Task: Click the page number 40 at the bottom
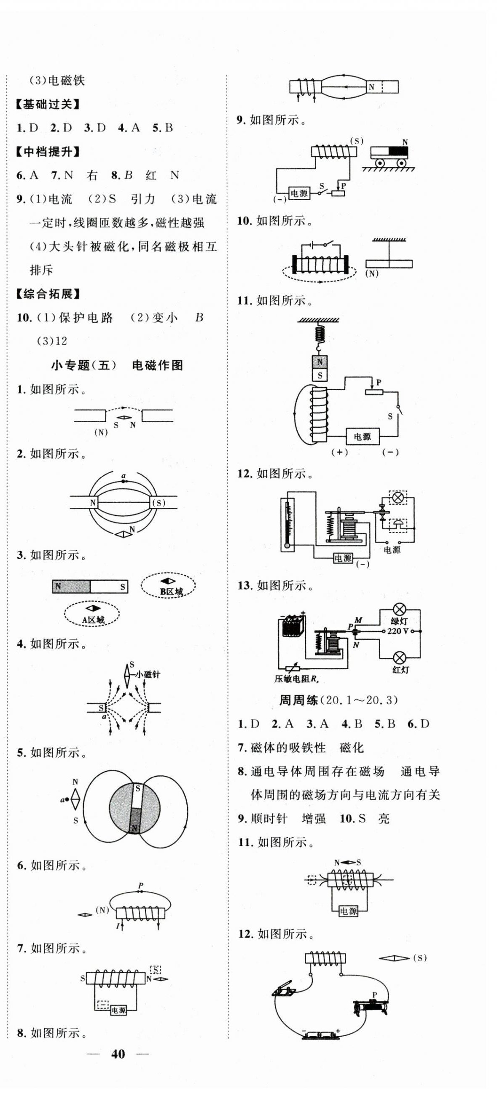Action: (118, 1054)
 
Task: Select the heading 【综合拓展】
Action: (48, 294)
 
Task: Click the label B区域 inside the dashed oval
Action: (172, 592)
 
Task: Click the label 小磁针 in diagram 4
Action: (148, 675)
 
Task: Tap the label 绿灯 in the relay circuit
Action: (399, 621)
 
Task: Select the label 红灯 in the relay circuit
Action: (400, 669)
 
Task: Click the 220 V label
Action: (398, 631)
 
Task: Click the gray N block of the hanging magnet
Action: (320, 363)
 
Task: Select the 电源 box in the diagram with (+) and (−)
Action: (362, 437)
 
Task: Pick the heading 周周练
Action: (298, 700)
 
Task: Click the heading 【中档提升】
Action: (48, 152)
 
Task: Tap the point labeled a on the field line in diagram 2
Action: (124, 481)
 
